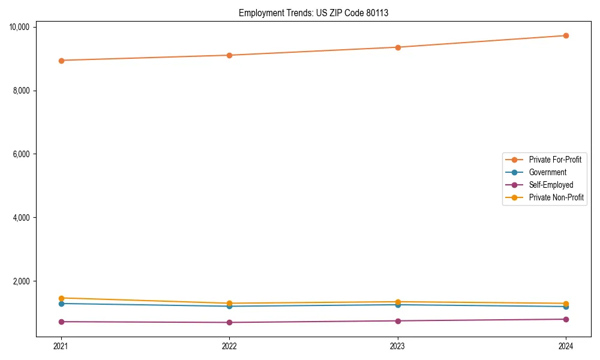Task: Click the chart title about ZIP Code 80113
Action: (313, 13)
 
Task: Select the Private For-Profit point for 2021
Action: (61, 61)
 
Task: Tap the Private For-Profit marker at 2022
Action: (229, 55)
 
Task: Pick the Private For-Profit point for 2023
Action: (398, 47)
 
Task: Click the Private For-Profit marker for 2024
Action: (566, 35)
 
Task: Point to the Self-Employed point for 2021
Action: (61, 322)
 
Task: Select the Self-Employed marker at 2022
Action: (229, 323)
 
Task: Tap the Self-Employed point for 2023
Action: (398, 321)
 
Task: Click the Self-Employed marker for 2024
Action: (566, 319)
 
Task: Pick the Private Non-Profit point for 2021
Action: (61, 298)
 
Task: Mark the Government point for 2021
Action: (61, 304)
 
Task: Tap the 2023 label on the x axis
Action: (398, 346)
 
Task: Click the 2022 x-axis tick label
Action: (229, 346)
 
